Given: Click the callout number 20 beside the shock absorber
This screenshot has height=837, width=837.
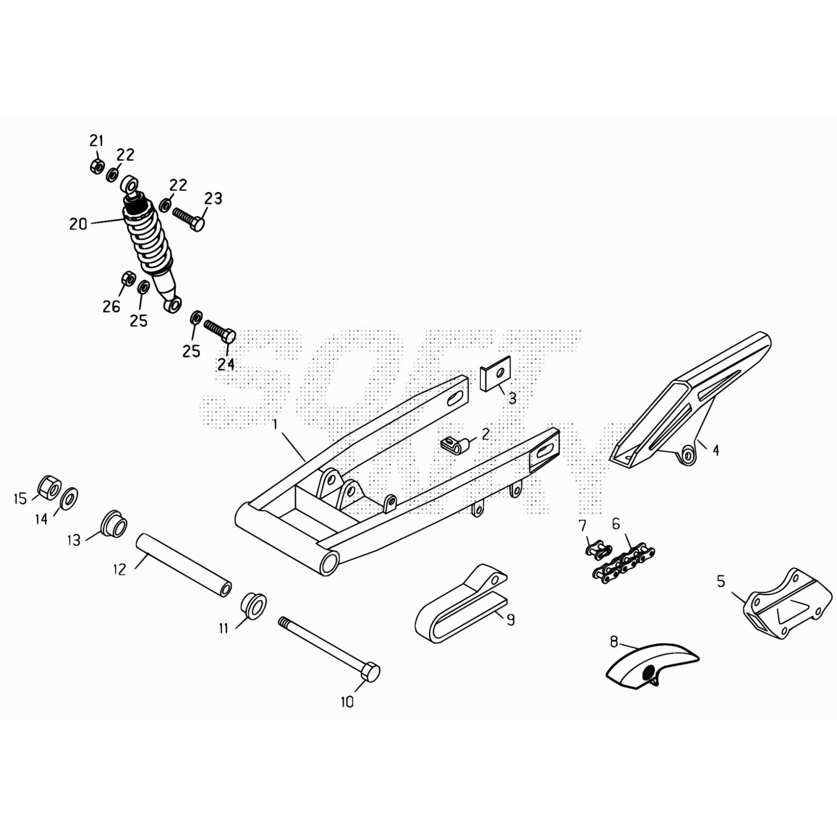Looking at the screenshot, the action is pyautogui.click(x=78, y=224).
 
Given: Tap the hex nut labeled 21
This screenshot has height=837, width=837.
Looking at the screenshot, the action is pyautogui.click(x=96, y=166).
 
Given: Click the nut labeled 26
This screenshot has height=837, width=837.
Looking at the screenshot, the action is pyautogui.click(x=128, y=278).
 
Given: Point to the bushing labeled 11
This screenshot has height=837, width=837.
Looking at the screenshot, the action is pyautogui.click(x=253, y=605).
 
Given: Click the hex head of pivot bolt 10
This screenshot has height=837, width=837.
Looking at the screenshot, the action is pyautogui.click(x=370, y=672).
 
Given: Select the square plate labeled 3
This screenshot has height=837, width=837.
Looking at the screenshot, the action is pyautogui.click(x=495, y=374).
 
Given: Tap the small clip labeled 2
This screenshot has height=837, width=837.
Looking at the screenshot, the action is pyautogui.click(x=455, y=445).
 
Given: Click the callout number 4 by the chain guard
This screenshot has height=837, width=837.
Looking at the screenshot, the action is pyautogui.click(x=716, y=450).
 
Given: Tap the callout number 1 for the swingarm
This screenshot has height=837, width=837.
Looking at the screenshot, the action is pyautogui.click(x=275, y=424).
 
